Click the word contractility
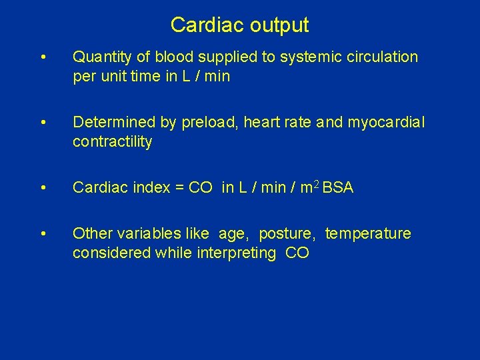point(112,142)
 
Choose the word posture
point(287,234)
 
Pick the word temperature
point(368,234)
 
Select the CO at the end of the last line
point(297,253)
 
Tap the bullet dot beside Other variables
point(43,234)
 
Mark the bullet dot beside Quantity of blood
point(43,57)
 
